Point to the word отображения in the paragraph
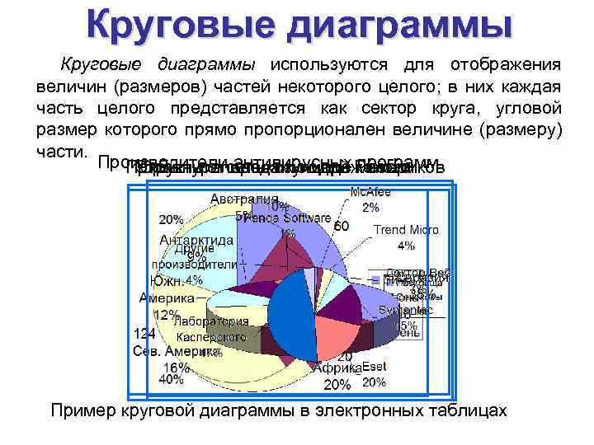pos(505,66)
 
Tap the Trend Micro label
pos(407,230)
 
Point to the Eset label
pos(374,368)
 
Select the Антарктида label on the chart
pos(197,240)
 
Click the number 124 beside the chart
pos(144,335)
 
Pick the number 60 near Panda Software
pos(342,225)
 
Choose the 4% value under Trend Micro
pos(406,245)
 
